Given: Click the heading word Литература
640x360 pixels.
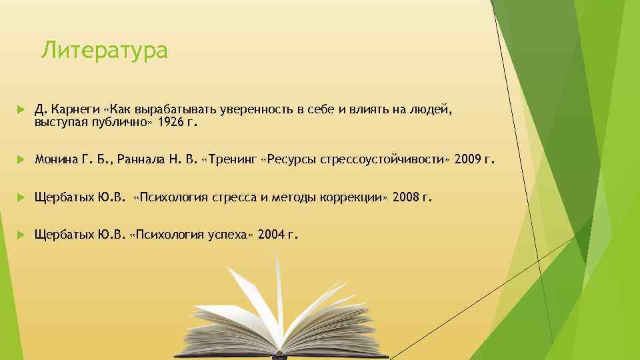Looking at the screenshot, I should tap(104, 50).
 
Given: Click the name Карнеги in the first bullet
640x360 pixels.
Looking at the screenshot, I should tap(74, 109).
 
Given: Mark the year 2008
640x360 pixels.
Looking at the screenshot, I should tap(407, 197).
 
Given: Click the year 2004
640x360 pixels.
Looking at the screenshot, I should tap(273, 235).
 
